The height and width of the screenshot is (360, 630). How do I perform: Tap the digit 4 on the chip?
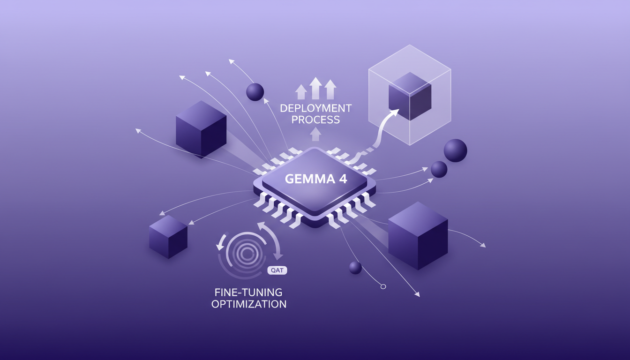pos(342,180)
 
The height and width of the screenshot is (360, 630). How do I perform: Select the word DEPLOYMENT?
pos(315,108)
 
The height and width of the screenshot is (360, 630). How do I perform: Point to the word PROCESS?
pos(315,120)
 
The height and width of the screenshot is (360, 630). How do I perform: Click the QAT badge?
pos(277,270)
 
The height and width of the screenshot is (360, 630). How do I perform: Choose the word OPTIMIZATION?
pos(248,304)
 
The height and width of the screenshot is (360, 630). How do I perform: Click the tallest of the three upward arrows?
pos(316,88)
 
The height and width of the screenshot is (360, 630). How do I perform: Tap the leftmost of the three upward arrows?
pos(301,91)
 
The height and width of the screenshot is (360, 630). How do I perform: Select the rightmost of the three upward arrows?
pos(330,89)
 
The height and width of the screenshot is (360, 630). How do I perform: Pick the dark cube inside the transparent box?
pos(410,97)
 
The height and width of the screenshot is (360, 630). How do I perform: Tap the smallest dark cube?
pos(168,236)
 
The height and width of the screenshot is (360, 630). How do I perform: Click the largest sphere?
pos(455,150)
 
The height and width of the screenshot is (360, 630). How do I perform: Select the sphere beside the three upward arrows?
pos(255,92)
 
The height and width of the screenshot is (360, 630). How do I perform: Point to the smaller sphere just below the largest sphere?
pos(439,169)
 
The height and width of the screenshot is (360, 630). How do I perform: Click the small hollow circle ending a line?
pos(383,286)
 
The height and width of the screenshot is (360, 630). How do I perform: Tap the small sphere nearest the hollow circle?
pos(355,268)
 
